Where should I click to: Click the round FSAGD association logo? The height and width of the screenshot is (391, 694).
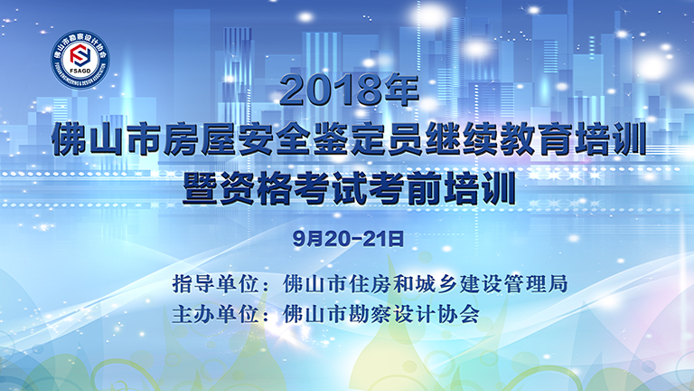[x=80, y=60]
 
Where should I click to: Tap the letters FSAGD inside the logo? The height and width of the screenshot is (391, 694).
[x=80, y=71]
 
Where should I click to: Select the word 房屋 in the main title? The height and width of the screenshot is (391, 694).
[x=201, y=139]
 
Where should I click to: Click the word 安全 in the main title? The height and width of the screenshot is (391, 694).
[x=276, y=139]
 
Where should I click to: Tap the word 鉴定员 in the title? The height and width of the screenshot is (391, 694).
[x=369, y=139]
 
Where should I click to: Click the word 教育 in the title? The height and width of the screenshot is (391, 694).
[x=536, y=139]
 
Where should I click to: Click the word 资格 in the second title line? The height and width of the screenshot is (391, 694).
[x=256, y=188]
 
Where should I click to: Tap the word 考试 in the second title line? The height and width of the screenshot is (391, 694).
[x=331, y=188]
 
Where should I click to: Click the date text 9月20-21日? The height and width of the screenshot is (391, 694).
[x=348, y=239]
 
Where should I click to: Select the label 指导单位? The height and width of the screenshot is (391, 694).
[x=216, y=283]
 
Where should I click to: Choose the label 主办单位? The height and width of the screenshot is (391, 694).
[x=216, y=314]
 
